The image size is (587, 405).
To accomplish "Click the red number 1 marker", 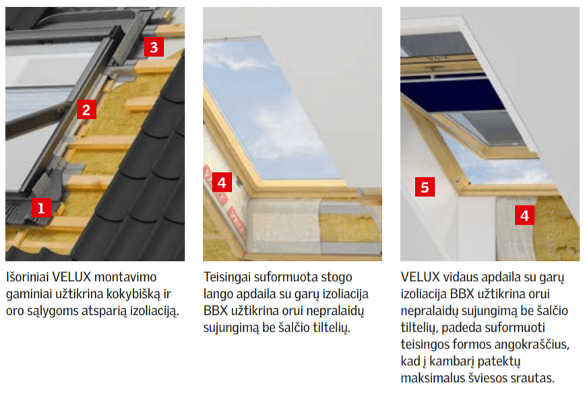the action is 42,207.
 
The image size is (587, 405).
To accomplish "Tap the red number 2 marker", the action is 86,110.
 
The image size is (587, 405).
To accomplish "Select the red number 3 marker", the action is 154,46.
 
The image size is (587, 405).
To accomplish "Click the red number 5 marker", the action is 425,187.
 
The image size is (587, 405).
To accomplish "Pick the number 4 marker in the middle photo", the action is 222,182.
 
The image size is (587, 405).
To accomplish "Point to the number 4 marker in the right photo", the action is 524,215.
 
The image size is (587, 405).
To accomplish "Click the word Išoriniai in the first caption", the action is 28,277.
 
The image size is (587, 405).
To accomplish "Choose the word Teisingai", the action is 227,277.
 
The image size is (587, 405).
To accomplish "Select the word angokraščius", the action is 530,344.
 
